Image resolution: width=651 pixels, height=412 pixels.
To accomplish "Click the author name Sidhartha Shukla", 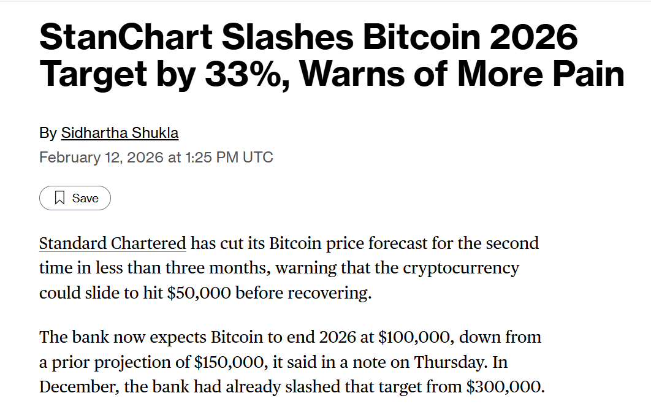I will coord(120,133).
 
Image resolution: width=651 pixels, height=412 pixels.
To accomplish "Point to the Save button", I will coord(75,198).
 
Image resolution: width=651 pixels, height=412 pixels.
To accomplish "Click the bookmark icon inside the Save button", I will coord(59,198).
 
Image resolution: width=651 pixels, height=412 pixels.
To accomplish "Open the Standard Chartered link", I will coord(112,243).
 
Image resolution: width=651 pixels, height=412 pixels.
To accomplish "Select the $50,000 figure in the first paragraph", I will coord(199,293).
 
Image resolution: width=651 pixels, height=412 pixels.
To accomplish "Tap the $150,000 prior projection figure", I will coord(229,362).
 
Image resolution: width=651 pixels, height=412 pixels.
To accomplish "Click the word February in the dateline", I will coord(65,157).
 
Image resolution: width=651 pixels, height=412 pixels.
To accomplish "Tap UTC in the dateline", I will coord(258,157).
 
